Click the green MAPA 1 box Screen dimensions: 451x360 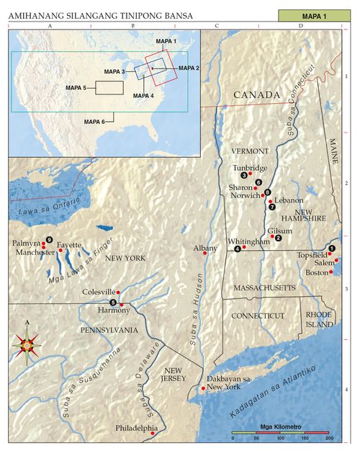(x=314, y=15)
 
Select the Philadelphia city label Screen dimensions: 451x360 (x=137, y=427)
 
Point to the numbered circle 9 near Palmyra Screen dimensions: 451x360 (x=49, y=239)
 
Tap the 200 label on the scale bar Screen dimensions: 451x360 (x=329, y=439)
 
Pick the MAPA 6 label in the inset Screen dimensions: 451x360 (x=95, y=122)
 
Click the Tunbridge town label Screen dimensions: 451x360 (x=250, y=168)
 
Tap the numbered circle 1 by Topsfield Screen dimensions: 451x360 (x=331, y=248)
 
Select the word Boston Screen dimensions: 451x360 (x=317, y=272)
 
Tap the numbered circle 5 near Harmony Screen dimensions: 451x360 (x=113, y=302)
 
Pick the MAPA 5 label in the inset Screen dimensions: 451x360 (x=76, y=88)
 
